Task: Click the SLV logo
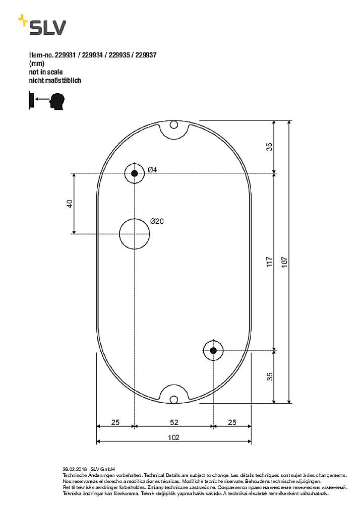click(42, 26)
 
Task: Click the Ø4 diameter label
click(152, 170)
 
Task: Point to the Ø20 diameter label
click(157, 221)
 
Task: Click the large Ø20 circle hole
click(135, 234)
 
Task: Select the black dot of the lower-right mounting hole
click(213, 350)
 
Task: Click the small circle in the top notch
click(174, 124)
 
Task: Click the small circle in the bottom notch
click(174, 400)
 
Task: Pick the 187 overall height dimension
click(284, 262)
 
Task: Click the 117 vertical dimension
click(270, 262)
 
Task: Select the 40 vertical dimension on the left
click(70, 204)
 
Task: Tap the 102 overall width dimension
click(173, 438)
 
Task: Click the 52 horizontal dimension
click(173, 422)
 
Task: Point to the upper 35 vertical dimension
click(270, 147)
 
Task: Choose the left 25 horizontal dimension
click(115, 422)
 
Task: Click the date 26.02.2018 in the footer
click(75, 468)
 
